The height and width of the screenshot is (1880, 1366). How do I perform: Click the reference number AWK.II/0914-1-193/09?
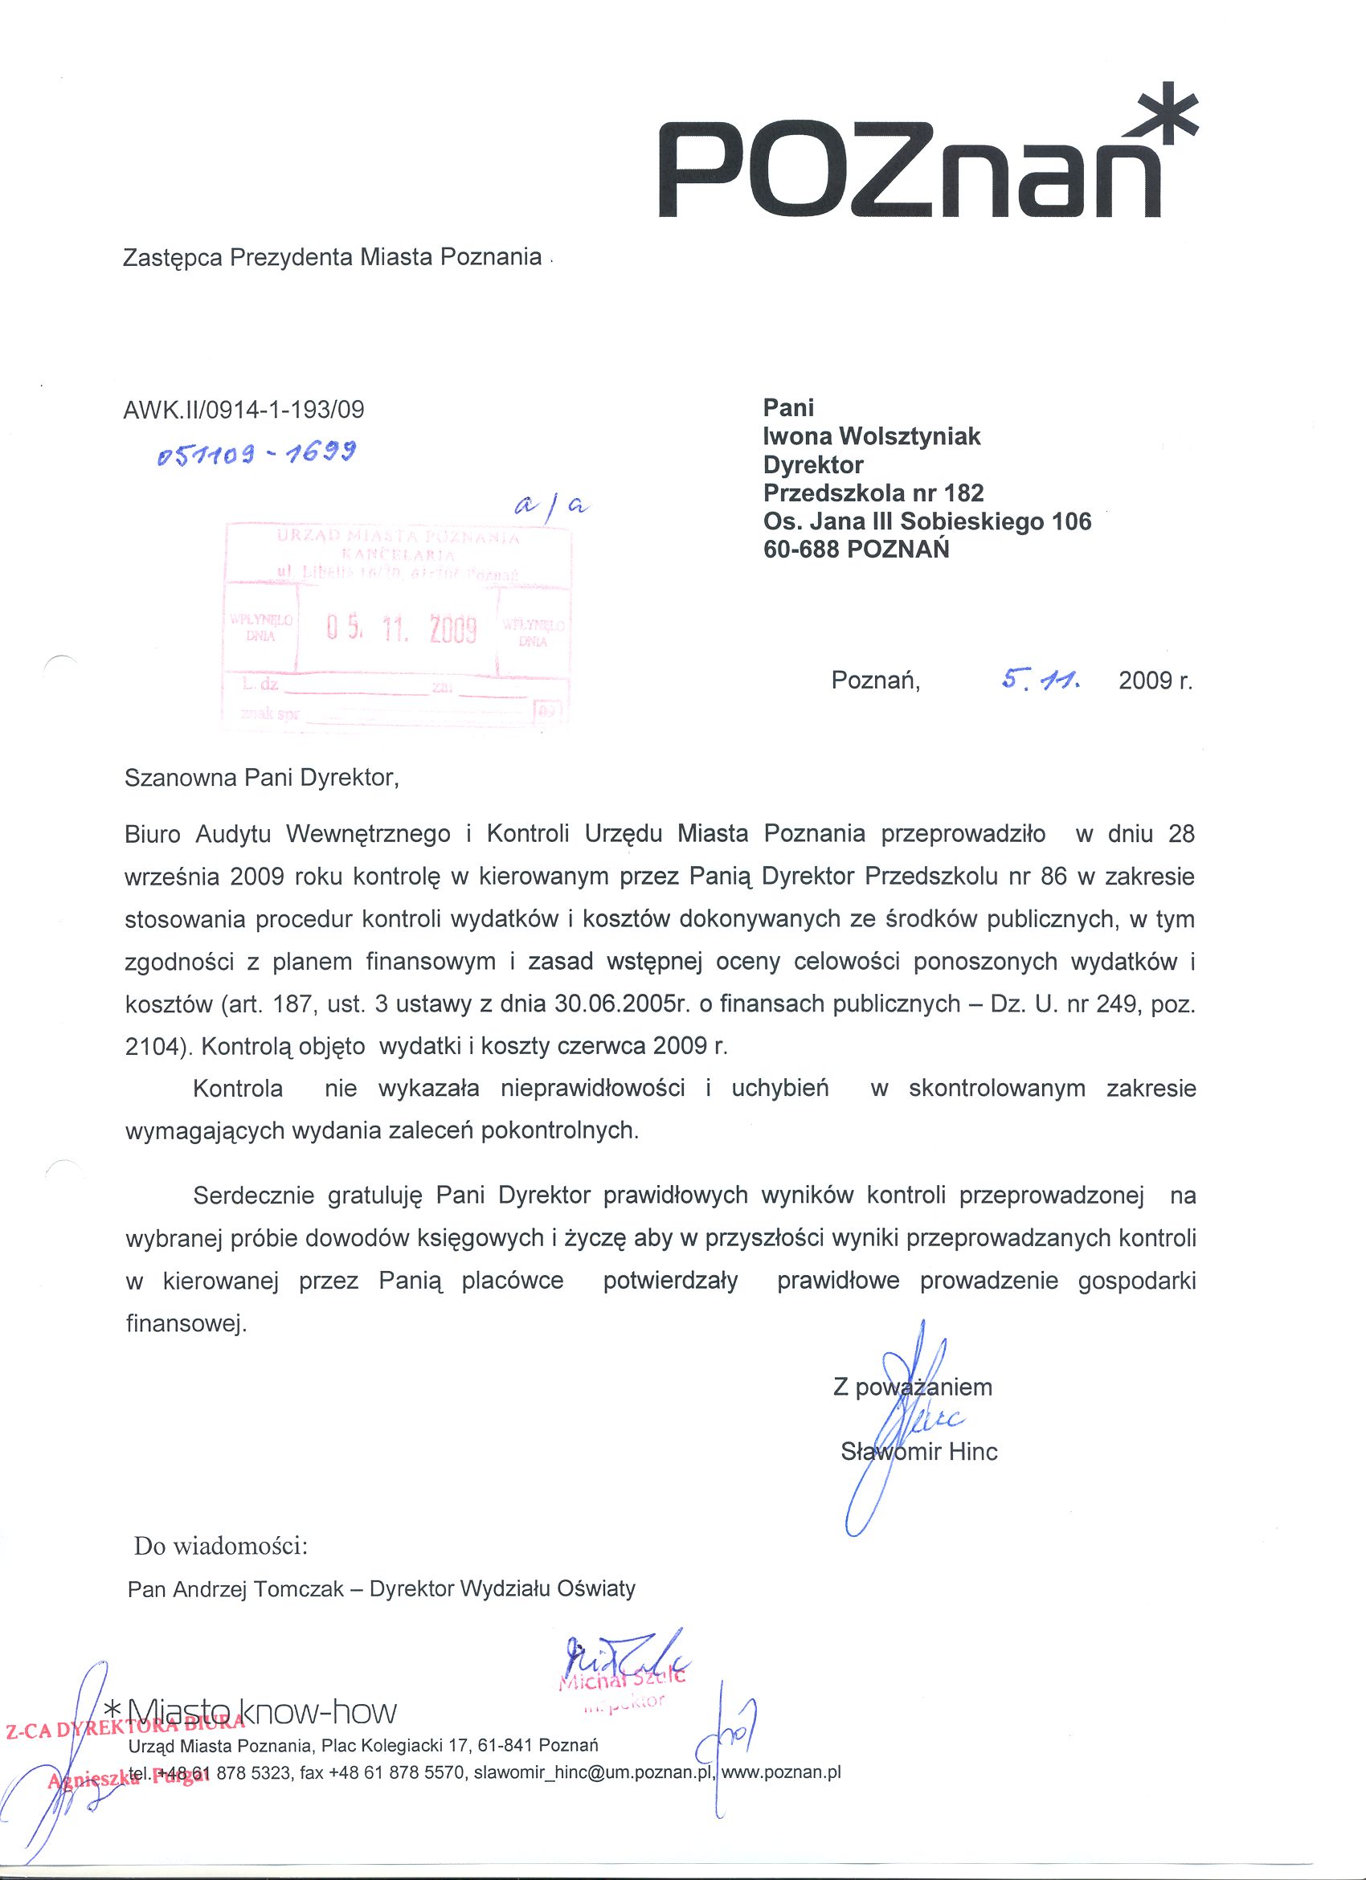coord(243,410)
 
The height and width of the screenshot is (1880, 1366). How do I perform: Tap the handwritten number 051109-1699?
coord(257,453)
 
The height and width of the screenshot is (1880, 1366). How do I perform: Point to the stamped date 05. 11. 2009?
coord(402,630)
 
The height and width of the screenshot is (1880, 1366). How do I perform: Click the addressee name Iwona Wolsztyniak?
coord(871,436)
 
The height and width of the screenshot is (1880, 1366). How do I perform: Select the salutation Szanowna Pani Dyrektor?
coord(261,779)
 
